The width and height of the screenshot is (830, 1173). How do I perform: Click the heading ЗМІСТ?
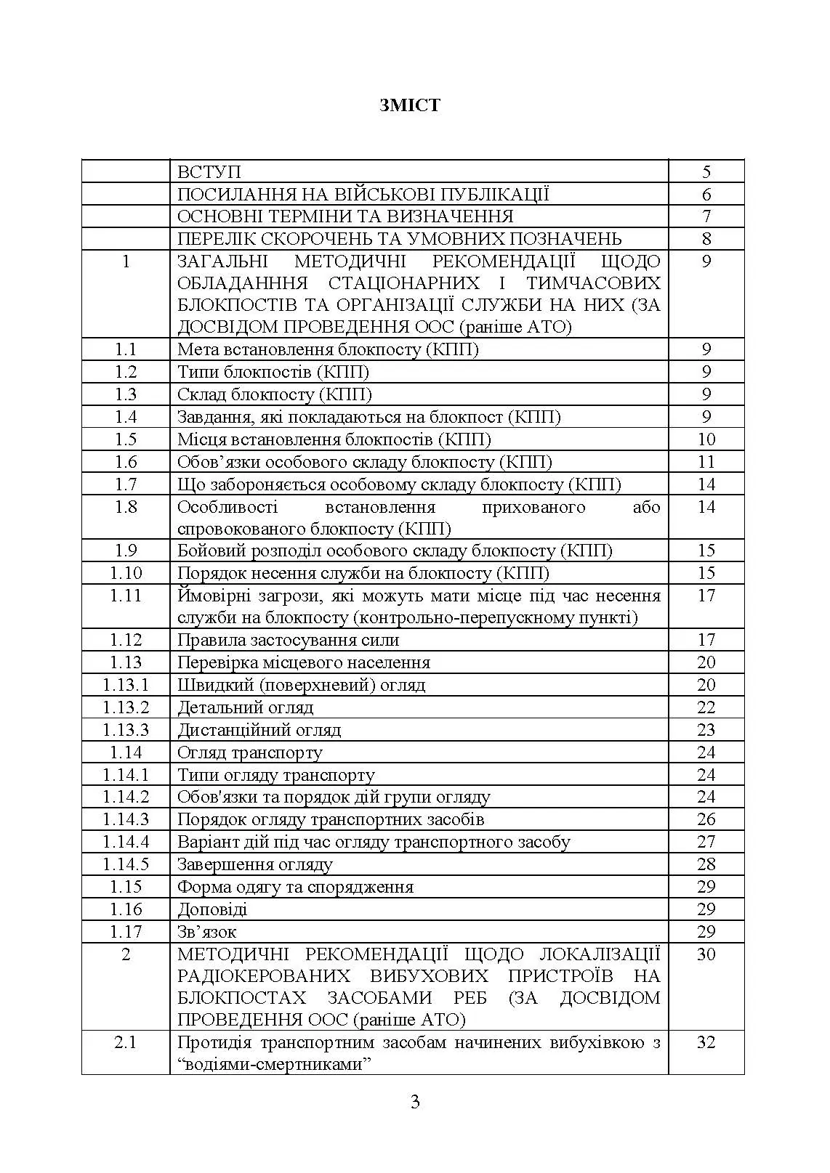click(409, 105)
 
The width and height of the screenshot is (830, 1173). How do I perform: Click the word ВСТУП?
click(209, 172)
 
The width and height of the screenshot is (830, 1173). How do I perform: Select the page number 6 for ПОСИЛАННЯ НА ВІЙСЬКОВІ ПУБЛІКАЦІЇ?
click(706, 195)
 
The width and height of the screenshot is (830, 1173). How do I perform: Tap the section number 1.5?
click(126, 439)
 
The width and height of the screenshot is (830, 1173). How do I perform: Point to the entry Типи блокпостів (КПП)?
click(273, 373)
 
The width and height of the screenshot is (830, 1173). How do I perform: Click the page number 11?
click(706, 462)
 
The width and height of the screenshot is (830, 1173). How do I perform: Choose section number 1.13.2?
click(126, 707)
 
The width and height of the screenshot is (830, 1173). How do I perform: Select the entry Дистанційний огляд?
click(259, 730)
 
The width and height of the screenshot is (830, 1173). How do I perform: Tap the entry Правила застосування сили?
click(289, 641)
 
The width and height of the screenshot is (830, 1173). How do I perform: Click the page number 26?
click(706, 819)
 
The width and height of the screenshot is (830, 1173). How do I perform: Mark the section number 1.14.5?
click(126, 864)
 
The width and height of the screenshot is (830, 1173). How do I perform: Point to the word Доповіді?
click(212, 909)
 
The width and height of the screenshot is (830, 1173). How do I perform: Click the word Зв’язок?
click(207, 932)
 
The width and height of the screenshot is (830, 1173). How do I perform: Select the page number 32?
click(706, 1042)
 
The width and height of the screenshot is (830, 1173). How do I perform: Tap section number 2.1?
click(126, 1042)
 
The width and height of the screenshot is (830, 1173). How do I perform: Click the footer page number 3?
click(415, 1102)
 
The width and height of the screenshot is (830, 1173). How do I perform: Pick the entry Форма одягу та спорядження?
click(296, 887)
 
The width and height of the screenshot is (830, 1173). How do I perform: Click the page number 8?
click(706, 239)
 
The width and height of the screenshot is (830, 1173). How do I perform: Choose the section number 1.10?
click(126, 573)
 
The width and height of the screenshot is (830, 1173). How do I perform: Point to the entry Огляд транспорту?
click(250, 752)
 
